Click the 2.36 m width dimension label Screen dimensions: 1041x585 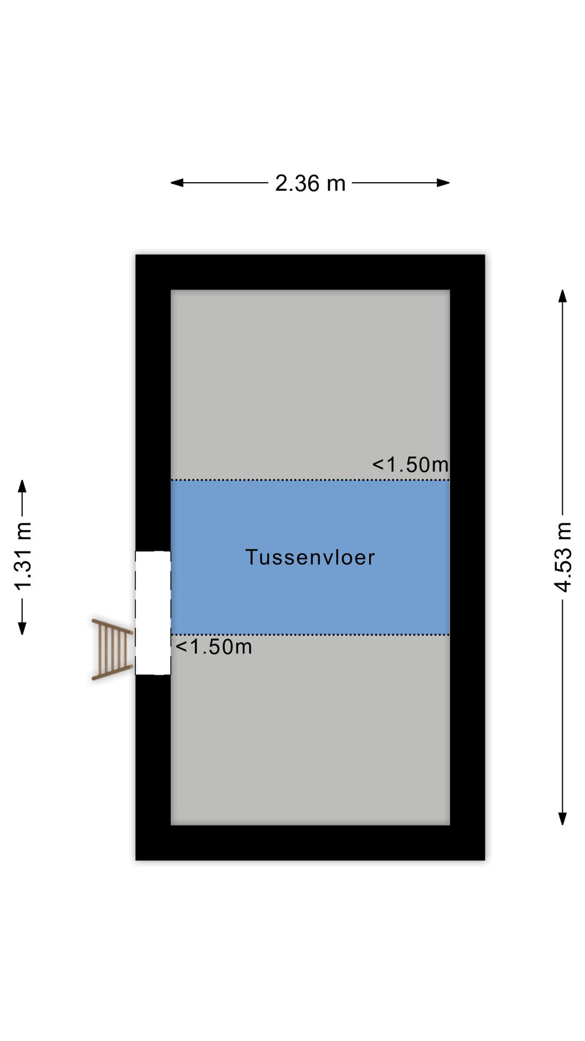310,183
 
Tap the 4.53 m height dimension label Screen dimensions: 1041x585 563,557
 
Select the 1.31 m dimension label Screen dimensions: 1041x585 23,557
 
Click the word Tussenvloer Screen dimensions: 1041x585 310,557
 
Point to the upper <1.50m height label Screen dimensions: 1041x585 410,465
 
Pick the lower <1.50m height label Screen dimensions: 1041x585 214,647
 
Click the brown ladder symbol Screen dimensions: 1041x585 113,649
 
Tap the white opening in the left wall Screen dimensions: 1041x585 153,613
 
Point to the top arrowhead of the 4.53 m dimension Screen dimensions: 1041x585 563,296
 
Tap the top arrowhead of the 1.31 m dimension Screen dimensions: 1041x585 22,486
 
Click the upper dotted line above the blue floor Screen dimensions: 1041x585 271,480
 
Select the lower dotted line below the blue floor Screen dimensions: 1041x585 325,634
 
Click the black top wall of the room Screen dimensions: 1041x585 310,272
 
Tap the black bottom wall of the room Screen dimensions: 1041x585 310,843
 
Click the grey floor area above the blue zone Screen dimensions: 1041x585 310,380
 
